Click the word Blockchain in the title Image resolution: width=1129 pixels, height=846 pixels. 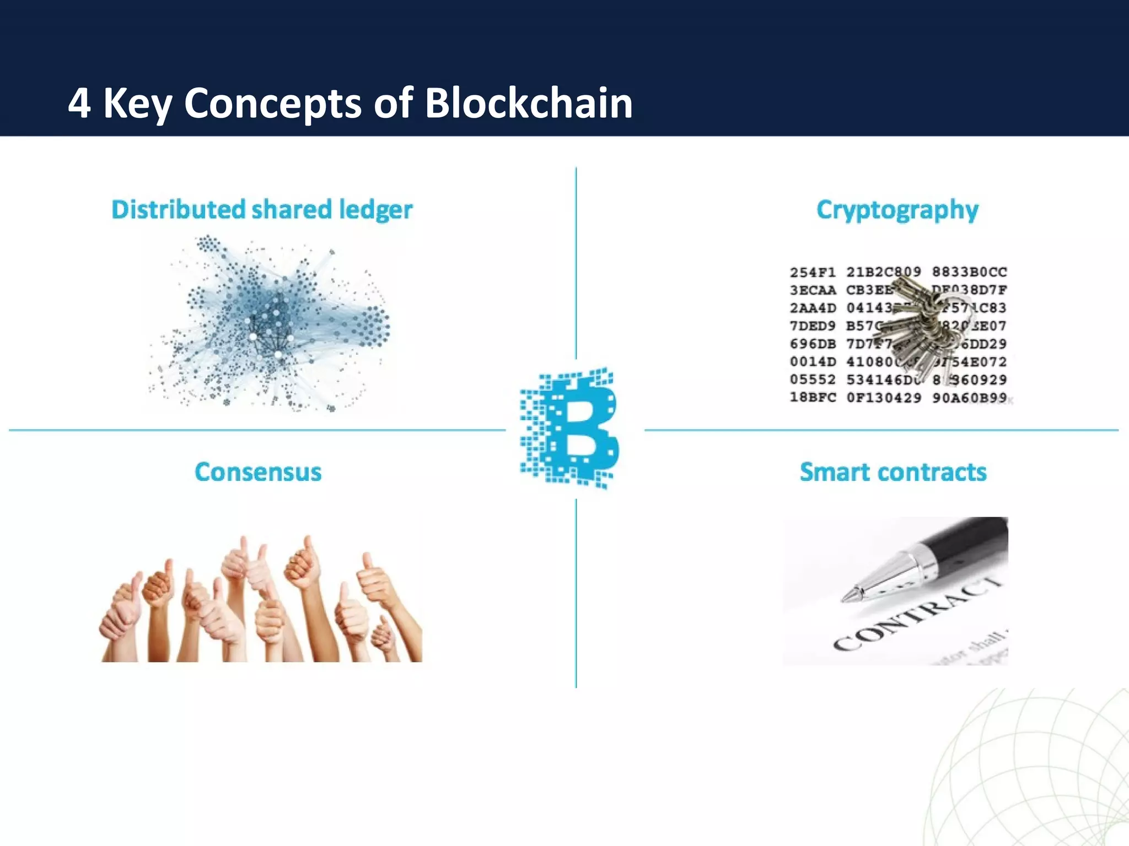click(528, 103)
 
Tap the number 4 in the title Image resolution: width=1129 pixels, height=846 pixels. click(79, 104)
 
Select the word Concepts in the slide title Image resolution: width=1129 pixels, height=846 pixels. click(272, 104)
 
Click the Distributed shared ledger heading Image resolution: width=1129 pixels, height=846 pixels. click(262, 210)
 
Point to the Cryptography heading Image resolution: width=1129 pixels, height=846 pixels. click(897, 210)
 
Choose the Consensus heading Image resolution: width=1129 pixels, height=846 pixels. click(258, 472)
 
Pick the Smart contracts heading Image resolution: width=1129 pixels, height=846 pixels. click(893, 472)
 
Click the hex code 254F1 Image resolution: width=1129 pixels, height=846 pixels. click(813, 272)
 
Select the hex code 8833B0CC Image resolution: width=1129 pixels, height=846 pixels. click(969, 272)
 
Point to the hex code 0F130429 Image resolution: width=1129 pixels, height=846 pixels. click(883, 397)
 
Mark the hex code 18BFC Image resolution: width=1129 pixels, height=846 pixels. click(813, 397)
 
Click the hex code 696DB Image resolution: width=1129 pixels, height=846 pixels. click(813, 344)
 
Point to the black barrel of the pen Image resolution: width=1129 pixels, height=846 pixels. click(970, 545)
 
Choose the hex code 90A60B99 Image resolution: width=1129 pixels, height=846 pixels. click(969, 397)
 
